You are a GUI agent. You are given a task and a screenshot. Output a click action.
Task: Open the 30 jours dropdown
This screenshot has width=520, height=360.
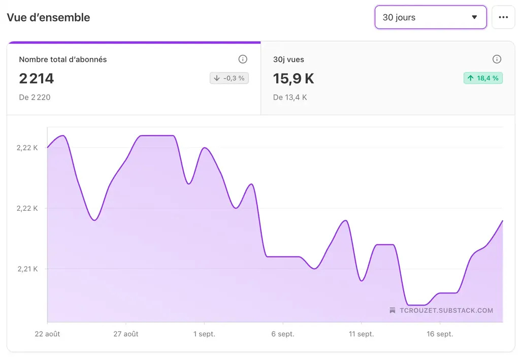[431, 17]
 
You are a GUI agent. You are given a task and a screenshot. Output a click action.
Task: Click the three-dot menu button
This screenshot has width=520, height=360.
[503, 17]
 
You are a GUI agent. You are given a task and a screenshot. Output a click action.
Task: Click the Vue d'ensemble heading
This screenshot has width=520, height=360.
[48, 17]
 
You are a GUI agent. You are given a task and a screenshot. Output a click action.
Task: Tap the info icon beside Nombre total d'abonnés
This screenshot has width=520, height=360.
[243, 59]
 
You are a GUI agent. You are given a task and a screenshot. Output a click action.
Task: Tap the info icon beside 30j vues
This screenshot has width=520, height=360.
[497, 59]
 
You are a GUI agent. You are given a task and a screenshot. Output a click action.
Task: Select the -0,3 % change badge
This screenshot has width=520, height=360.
[229, 78]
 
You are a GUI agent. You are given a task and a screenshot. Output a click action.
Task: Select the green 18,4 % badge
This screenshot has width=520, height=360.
[482, 78]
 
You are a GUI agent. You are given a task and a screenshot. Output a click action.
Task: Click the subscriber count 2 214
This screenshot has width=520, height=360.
[37, 78]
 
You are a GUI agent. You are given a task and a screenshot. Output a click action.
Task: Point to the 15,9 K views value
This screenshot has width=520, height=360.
[294, 78]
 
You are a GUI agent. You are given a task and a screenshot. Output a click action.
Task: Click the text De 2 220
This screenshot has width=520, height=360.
[35, 97]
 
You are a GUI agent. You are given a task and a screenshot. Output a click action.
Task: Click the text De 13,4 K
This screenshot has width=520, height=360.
[290, 97]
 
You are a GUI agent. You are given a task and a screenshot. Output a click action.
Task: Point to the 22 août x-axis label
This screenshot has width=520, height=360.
[47, 334]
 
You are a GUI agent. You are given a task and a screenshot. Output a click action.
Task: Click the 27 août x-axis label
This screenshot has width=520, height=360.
[125, 334]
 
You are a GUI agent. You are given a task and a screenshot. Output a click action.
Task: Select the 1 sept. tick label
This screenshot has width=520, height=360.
[204, 334]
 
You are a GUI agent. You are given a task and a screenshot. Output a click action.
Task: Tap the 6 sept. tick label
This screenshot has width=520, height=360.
[283, 334]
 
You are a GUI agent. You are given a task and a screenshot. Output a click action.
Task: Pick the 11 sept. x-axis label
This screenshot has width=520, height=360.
[361, 334]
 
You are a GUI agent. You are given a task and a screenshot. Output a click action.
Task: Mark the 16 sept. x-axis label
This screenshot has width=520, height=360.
[440, 334]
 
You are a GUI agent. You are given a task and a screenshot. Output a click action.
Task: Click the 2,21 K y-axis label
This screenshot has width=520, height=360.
[28, 269]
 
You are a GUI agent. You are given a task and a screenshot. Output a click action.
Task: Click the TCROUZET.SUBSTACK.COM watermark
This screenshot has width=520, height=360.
[441, 311]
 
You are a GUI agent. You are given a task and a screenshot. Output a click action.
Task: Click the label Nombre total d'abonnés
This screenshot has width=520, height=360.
[63, 59]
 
